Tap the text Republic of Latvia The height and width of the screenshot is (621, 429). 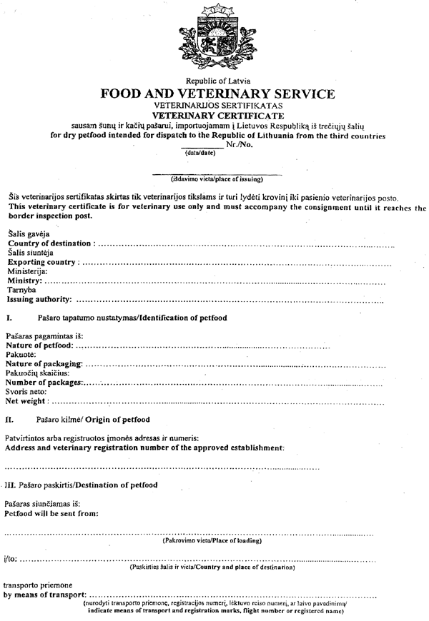tap(217, 81)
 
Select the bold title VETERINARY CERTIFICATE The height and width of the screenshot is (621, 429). tap(217, 114)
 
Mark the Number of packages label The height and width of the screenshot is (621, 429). tap(44, 383)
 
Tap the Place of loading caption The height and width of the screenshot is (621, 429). tap(212, 540)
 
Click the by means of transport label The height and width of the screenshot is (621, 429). tap(44, 595)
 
